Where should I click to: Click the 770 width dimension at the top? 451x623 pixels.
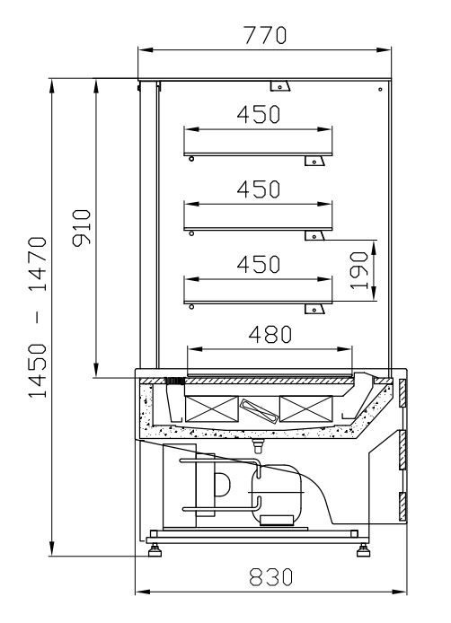[265, 35]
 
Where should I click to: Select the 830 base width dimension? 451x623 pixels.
[270, 577]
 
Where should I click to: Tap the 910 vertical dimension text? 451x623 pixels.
[82, 228]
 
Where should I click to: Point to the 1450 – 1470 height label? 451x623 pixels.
[38, 317]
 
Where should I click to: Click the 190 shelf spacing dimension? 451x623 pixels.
[359, 270]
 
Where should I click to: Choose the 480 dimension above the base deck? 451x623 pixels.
[270, 334]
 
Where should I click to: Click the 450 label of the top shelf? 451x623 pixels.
[259, 114]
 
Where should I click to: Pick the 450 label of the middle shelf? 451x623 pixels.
[259, 189]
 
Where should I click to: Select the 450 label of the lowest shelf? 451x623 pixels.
[259, 264]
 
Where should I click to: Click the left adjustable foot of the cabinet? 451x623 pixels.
[155, 550]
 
